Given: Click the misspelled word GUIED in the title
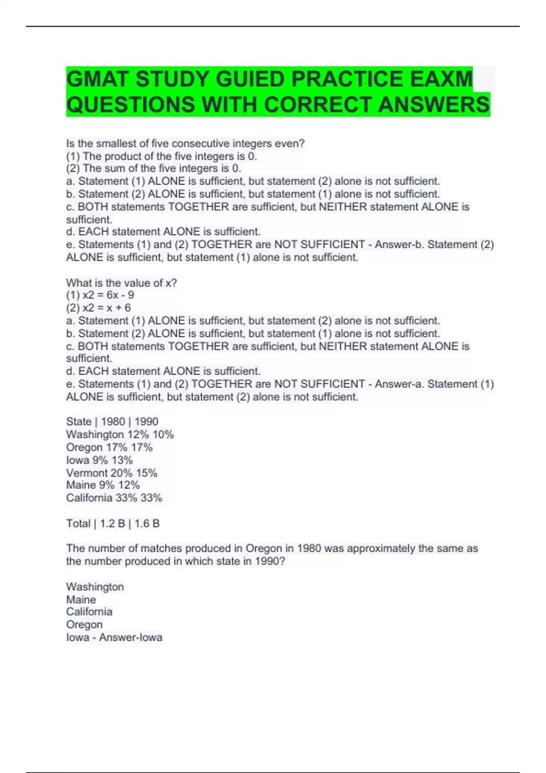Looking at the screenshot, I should click(250, 79).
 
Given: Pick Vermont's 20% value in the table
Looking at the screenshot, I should click(121, 473).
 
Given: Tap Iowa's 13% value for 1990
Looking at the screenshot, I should click(122, 460).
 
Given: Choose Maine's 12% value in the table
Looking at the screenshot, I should click(129, 485).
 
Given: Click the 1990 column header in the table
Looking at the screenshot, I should click(146, 422).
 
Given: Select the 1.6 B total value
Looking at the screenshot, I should click(147, 524).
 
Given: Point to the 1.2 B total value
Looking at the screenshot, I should click(112, 524).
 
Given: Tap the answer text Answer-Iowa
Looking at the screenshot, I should click(131, 637).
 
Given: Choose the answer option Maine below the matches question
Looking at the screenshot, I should click(81, 600).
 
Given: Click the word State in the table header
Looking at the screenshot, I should click(79, 422).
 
